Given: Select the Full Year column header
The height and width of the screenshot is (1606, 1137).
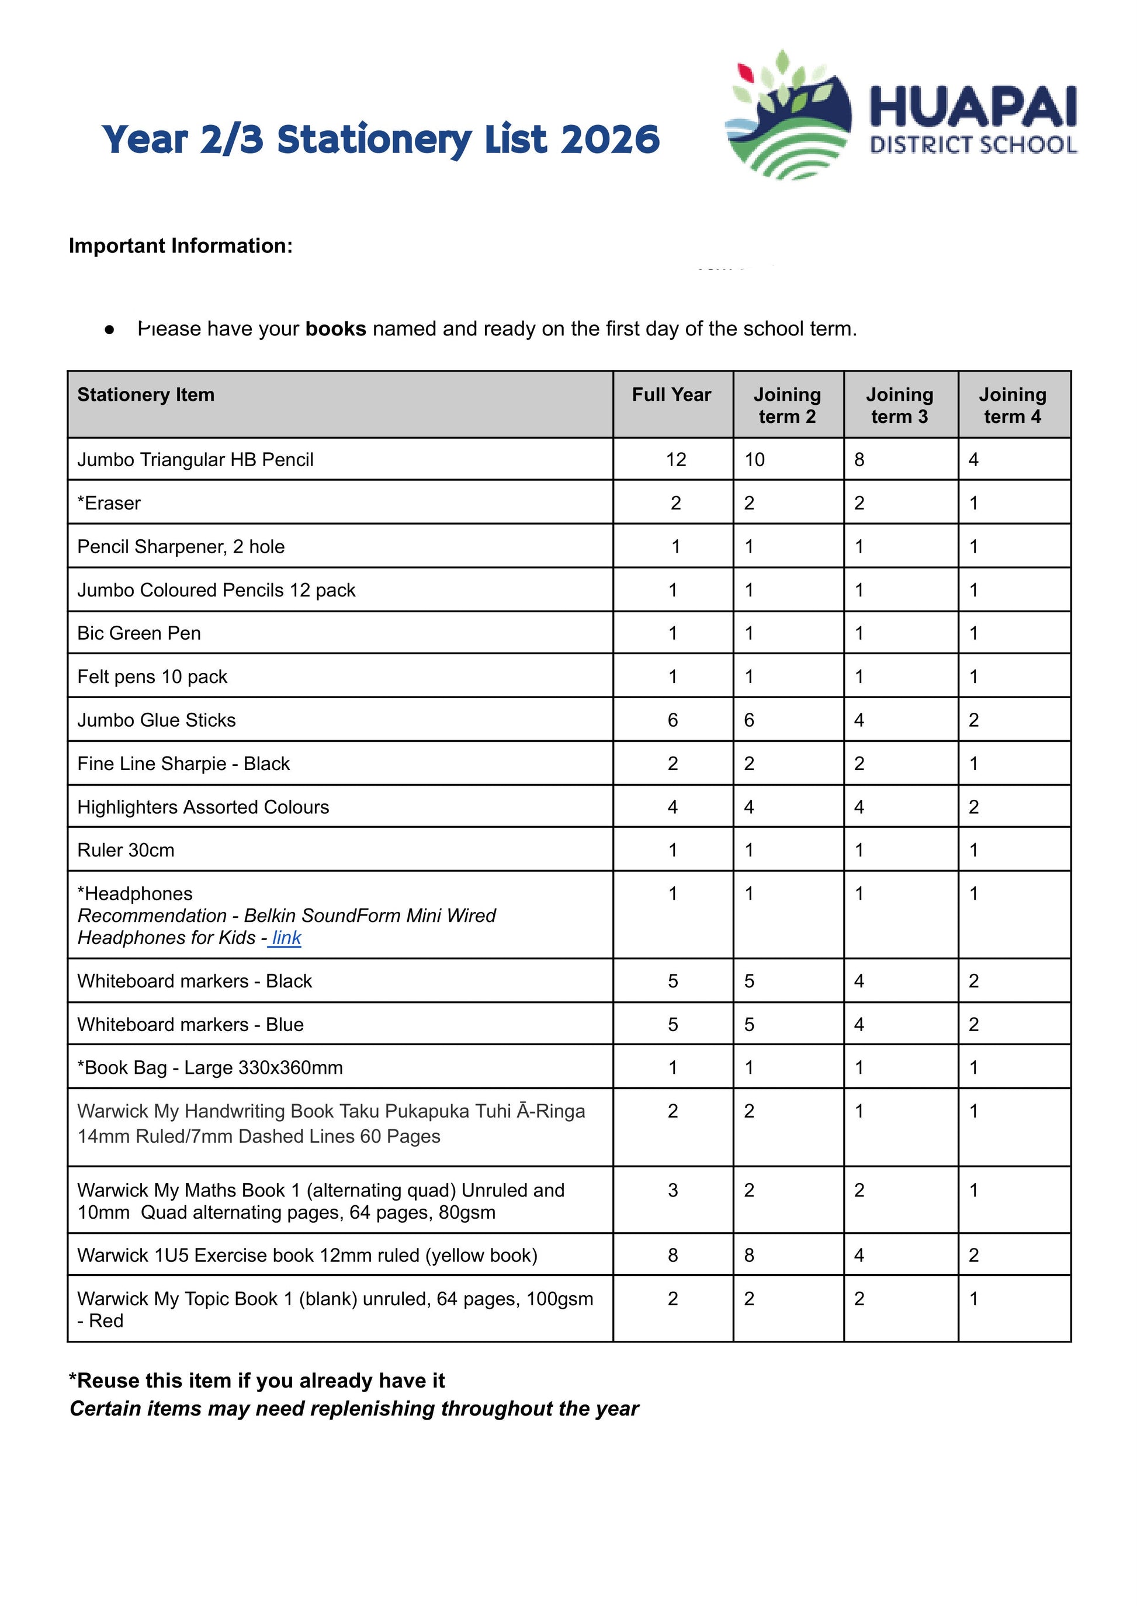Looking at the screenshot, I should coord(671,395).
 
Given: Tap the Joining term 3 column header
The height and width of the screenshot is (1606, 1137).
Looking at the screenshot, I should coord(900,405).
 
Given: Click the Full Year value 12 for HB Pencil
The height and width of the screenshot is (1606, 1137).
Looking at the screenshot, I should coord(675,460).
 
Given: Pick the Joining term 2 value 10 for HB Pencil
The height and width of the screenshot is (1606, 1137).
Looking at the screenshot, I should coord(754,460).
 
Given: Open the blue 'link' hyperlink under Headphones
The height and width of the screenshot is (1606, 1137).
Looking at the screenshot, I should coord(286,938).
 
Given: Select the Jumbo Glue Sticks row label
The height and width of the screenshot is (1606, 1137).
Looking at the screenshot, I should coord(156,720).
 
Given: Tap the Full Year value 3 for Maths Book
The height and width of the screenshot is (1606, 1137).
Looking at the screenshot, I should coord(673,1190).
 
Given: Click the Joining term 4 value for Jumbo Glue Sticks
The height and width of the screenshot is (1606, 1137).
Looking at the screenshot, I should coord(973,720).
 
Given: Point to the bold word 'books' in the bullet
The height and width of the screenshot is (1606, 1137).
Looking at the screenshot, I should coord(335,329).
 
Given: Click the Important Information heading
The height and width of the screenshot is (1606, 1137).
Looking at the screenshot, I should coord(181,246).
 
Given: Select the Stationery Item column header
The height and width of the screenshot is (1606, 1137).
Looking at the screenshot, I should coord(145,395).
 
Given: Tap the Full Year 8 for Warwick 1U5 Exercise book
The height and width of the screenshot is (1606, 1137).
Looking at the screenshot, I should coord(673,1255).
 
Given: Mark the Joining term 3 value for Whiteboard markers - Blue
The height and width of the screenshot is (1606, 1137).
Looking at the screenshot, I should coord(859,1024).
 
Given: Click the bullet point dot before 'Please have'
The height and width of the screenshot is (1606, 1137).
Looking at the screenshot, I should coord(109,329).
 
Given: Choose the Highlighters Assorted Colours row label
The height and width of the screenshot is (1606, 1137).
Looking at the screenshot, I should coord(203,807).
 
